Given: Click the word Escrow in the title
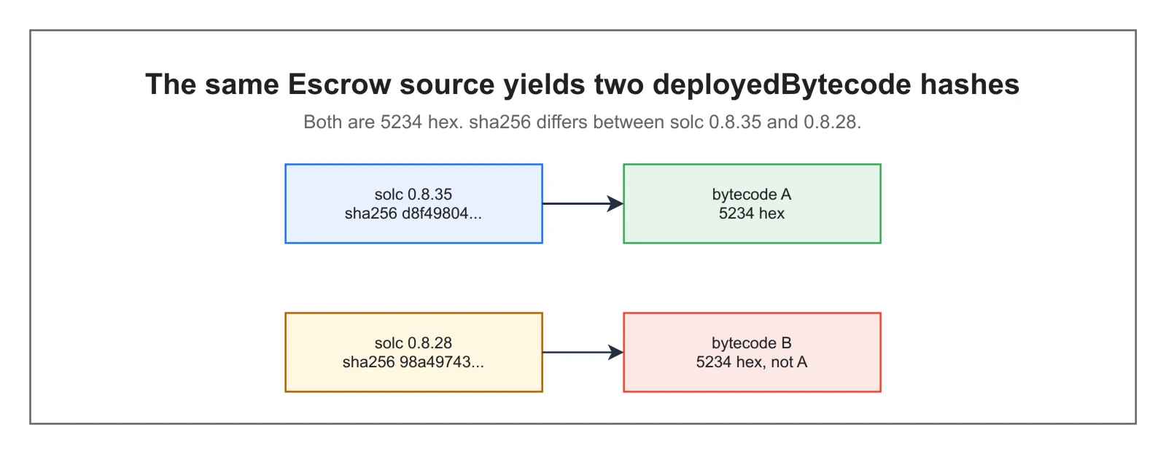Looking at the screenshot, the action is (x=339, y=85).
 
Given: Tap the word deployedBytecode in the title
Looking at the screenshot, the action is (x=782, y=85).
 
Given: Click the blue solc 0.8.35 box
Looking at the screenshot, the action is (x=414, y=204).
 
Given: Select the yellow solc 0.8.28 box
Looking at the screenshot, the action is (x=414, y=353).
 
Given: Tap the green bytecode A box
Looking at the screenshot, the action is (x=752, y=204).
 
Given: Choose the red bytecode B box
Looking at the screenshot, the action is (x=752, y=353).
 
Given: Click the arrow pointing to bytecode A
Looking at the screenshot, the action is (x=583, y=204).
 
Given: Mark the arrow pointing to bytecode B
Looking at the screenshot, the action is (x=583, y=353).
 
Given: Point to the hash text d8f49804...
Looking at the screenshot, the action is (x=442, y=214).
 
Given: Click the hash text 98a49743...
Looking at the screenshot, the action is (x=441, y=362).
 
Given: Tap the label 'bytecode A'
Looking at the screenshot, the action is (x=752, y=195).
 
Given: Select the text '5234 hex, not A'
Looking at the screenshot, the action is (x=752, y=362).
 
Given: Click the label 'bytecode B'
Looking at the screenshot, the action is (x=752, y=343).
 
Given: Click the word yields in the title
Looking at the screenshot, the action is (x=544, y=85).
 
